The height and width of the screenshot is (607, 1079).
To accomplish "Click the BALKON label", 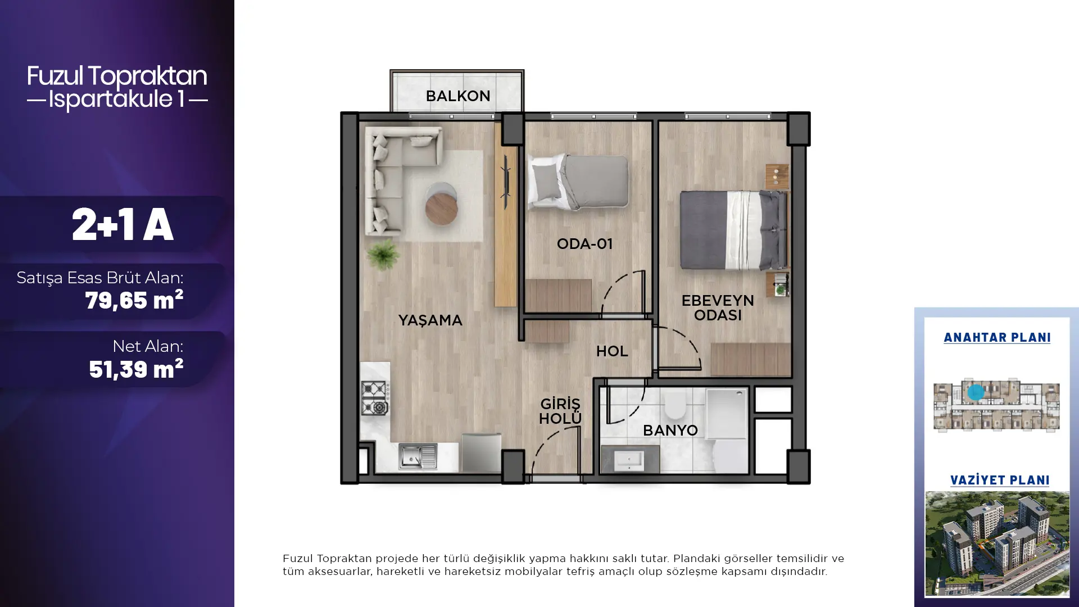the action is (x=457, y=96).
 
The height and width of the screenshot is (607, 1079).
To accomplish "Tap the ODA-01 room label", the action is (x=584, y=244).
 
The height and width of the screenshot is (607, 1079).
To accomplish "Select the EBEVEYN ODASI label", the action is (x=718, y=307).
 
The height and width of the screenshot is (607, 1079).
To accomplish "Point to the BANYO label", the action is (x=670, y=431).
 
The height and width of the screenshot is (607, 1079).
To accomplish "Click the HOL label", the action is (x=611, y=351).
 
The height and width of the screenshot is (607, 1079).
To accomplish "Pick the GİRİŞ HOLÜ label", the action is (x=560, y=411).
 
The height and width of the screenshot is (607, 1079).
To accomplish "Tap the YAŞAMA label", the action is (x=430, y=320).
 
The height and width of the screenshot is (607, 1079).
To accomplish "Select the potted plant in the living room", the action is (x=383, y=255).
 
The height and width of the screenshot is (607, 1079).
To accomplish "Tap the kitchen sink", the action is (x=418, y=456).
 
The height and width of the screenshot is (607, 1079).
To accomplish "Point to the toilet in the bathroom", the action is (x=674, y=404).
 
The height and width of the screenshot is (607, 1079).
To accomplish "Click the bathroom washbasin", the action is (x=629, y=461).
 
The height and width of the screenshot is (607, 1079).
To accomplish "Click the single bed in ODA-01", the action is (x=577, y=182).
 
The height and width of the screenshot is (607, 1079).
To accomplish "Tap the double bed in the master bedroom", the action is (x=733, y=230).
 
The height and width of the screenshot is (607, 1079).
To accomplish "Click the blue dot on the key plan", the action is (x=976, y=392).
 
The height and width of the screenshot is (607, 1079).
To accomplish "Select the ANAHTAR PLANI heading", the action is (x=997, y=338).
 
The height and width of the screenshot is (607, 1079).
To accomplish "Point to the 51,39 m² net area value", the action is (x=136, y=369).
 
